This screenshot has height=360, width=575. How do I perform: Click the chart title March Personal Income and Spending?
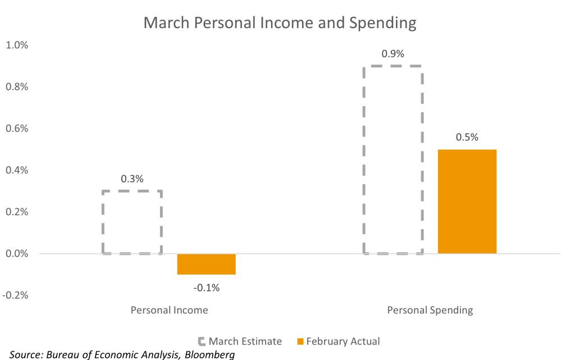[x=279, y=22]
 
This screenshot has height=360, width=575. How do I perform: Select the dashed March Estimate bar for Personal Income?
[x=133, y=222]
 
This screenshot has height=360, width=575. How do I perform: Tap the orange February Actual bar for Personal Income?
[x=206, y=264]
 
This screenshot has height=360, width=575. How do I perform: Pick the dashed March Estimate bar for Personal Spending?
[x=393, y=160]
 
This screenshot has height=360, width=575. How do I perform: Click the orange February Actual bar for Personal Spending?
[x=467, y=201]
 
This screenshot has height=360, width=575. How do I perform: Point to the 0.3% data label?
[x=133, y=180]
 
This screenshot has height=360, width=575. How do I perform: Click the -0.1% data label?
[x=206, y=288]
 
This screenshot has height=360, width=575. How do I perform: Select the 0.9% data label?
[x=393, y=54]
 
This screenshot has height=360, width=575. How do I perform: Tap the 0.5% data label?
[x=467, y=138]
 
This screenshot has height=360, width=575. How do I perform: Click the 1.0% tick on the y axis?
[x=16, y=45]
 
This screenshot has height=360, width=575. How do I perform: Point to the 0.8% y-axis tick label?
[x=16, y=86]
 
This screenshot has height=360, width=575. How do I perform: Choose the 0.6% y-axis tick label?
[x=16, y=129]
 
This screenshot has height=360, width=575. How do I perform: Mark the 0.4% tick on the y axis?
[x=16, y=170]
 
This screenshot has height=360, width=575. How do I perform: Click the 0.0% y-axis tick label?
[x=16, y=254]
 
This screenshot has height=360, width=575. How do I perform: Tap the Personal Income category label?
[x=169, y=310]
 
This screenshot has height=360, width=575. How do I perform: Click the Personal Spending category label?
[x=430, y=310]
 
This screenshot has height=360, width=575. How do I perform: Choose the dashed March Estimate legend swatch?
[x=202, y=341]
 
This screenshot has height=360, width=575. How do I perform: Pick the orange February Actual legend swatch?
[x=300, y=341]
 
